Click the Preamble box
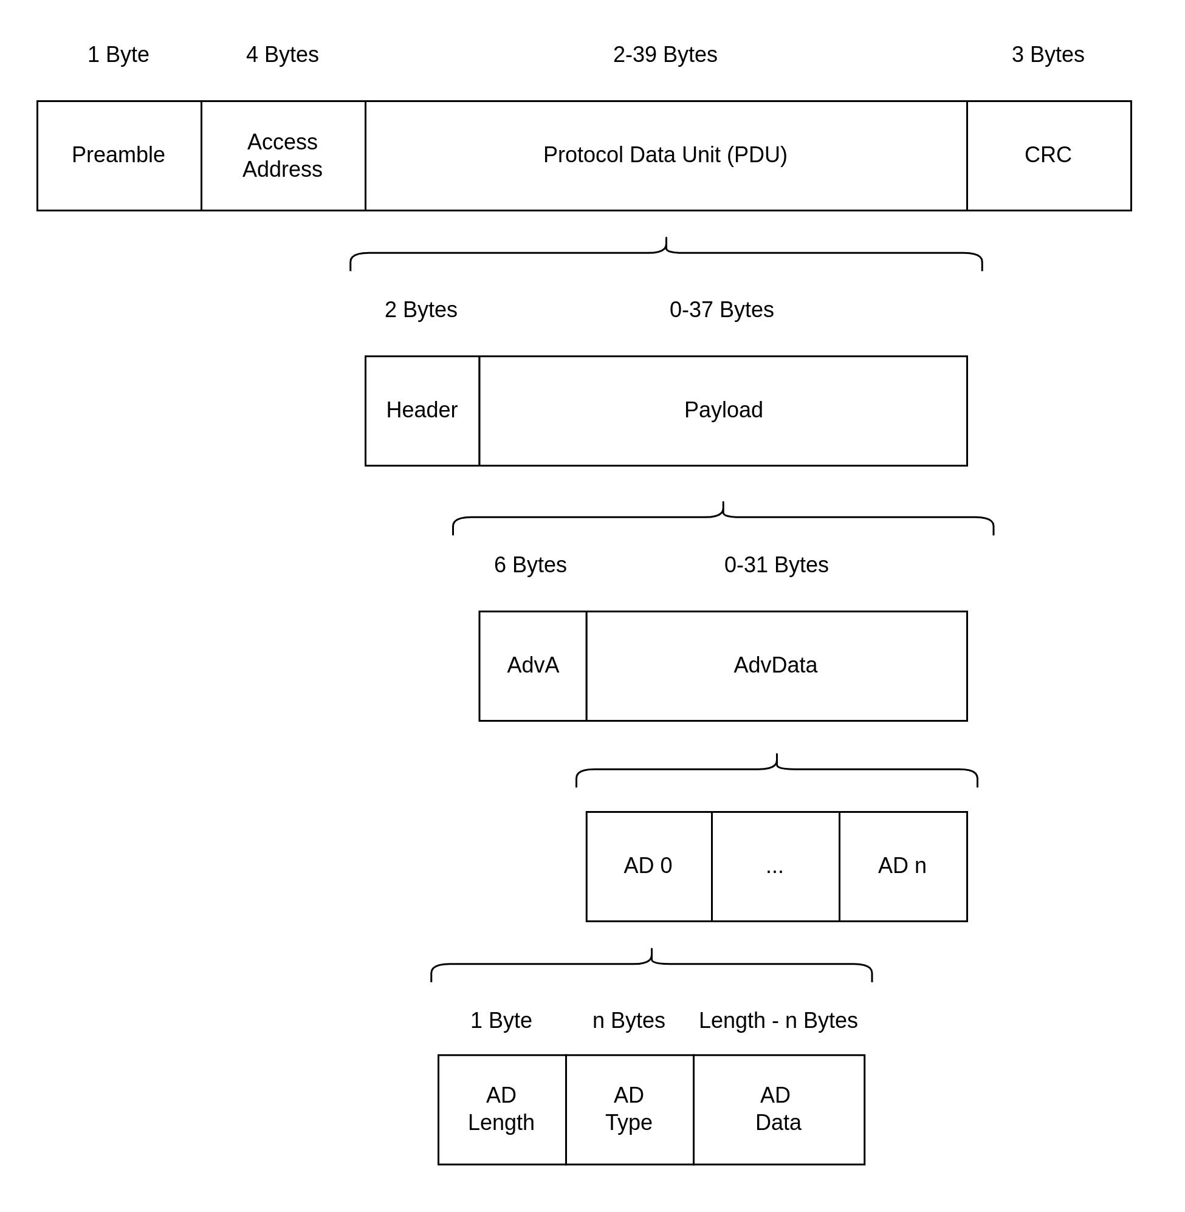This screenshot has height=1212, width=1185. tap(119, 156)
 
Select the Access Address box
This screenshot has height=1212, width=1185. tap(283, 156)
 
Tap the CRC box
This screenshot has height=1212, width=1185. tap(1049, 156)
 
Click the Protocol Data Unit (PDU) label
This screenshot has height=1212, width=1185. tap(665, 155)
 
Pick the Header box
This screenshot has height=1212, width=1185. tap(422, 411)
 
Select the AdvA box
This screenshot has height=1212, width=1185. tap(533, 666)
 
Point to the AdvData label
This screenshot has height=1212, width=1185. tap(775, 665)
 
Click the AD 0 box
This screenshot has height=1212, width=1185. tap(648, 866)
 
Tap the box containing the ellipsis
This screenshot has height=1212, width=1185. tap(775, 866)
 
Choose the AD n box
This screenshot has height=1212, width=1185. tap(903, 866)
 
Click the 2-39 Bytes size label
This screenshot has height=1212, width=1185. tap(665, 55)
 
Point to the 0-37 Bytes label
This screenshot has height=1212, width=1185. tap(722, 310)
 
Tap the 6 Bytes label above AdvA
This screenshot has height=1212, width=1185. tap(531, 565)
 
